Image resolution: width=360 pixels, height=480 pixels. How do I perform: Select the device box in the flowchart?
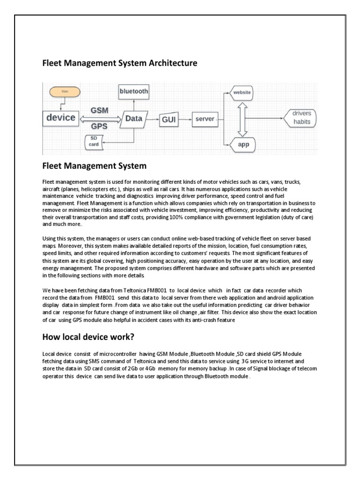point(61,118)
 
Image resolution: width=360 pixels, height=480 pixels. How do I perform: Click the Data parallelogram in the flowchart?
point(134,119)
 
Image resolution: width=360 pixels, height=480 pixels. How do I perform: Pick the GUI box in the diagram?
point(169,120)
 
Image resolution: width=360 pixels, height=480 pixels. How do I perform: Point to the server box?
point(205,120)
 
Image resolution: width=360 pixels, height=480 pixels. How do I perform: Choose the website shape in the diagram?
point(242,93)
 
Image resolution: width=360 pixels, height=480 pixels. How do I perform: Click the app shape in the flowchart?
point(243,144)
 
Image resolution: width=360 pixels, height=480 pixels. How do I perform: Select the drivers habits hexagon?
point(301,118)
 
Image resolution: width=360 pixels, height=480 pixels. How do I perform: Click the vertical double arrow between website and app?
point(242,119)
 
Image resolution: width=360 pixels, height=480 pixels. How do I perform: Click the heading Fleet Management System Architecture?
point(120,63)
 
